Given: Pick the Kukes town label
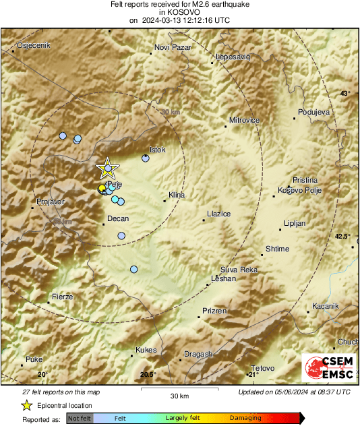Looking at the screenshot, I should (146, 350).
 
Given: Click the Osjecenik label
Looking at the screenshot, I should (30, 45).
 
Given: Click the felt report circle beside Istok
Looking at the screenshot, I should (145, 158).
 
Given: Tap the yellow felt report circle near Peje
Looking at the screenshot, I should (102, 187).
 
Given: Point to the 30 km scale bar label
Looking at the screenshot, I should (179, 395).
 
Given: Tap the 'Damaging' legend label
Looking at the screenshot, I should (246, 419).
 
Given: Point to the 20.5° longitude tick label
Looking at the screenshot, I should (148, 375).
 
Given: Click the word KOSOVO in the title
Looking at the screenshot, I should (179, 12).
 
